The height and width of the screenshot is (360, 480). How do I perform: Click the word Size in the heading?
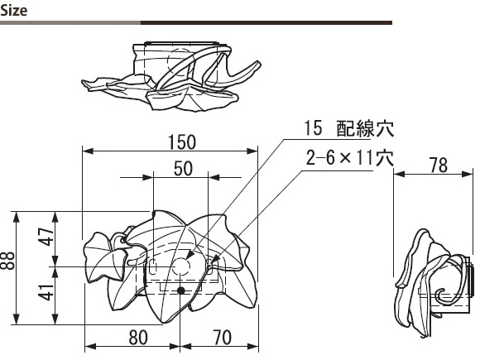[x=14, y=11]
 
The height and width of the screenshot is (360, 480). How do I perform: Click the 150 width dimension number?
[x=182, y=142]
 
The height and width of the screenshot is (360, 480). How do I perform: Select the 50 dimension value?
[x=183, y=169]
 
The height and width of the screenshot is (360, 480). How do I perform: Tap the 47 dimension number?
[x=46, y=237]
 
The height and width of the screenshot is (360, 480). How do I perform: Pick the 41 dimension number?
[x=46, y=292]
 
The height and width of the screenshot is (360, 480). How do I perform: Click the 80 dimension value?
[x=138, y=338]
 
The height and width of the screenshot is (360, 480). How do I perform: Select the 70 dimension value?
[x=222, y=338]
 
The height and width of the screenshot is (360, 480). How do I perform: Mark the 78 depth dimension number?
[x=438, y=166]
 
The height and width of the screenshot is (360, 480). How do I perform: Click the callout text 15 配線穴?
[x=348, y=128]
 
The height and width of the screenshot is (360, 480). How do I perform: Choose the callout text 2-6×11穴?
[x=349, y=158]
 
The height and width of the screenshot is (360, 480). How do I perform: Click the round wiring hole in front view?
[x=181, y=266]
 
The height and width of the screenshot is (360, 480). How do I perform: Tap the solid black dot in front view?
[x=181, y=290]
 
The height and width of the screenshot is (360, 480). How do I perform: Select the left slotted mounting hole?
[x=153, y=266]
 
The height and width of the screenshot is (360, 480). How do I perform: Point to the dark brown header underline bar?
[x=266, y=22]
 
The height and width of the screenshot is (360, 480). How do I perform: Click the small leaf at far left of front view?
[x=105, y=257]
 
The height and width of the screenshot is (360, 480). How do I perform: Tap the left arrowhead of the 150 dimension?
[x=88, y=151]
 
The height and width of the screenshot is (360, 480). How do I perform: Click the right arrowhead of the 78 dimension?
[x=468, y=174]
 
